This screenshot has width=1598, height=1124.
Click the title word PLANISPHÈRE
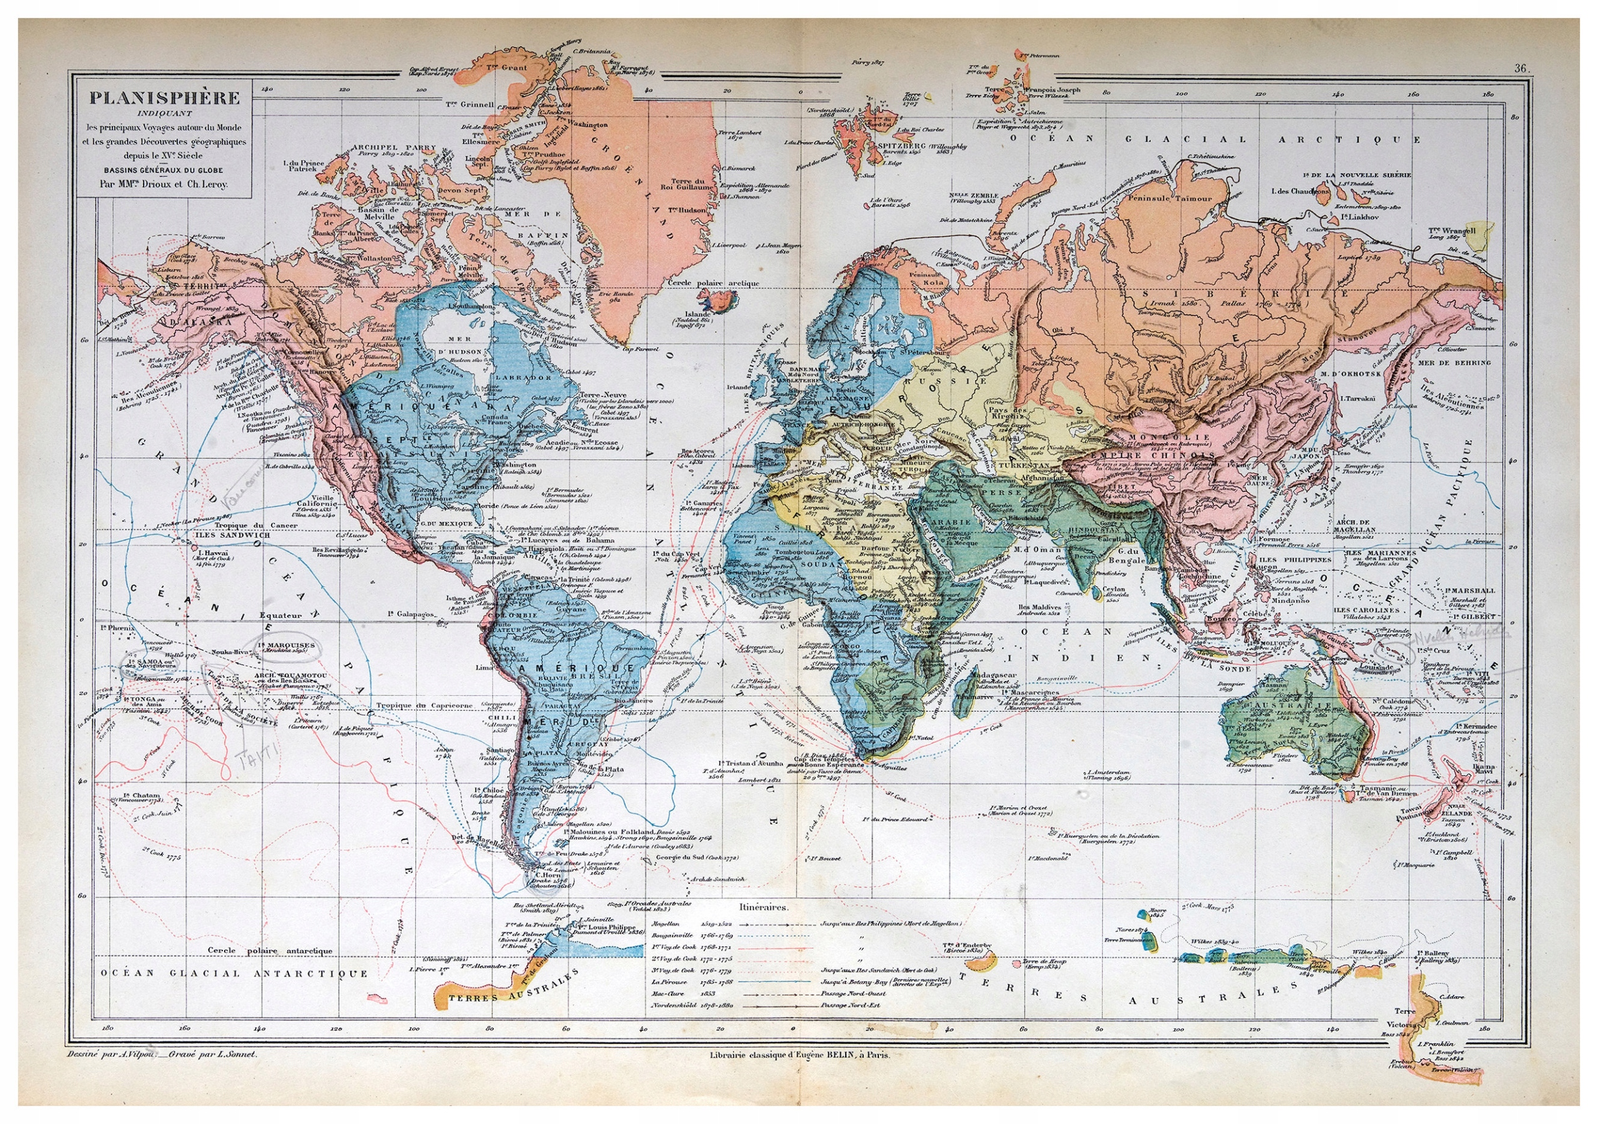[x=164, y=97]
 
